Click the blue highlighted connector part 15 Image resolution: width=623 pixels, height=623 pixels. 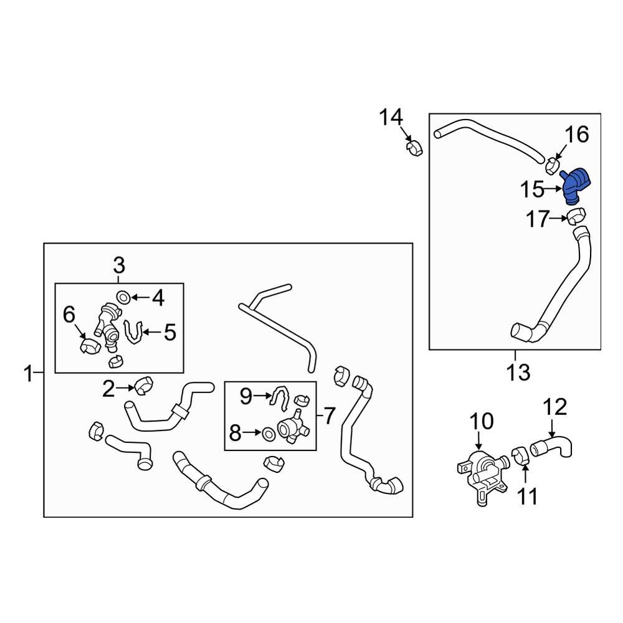click(576, 186)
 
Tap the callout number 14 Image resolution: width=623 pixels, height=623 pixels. click(391, 117)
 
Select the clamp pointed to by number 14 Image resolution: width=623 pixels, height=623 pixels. click(414, 149)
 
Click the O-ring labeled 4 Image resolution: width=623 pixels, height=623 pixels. click(123, 297)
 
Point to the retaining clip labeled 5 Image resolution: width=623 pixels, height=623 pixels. click(134, 331)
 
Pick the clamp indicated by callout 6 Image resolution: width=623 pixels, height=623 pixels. click(90, 346)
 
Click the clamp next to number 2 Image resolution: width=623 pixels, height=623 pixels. click(144, 386)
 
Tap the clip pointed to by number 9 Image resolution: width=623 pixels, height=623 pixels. click(280, 398)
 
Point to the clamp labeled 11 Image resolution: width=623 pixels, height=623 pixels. click(520, 455)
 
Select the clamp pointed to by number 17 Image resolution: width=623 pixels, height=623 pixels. click(576, 216)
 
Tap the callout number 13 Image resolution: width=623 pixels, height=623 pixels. click(518, 373)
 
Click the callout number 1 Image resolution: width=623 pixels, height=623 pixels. click(28, 374)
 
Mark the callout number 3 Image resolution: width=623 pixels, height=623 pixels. click(119, 265)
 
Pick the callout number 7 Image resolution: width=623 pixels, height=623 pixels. click(330, 416)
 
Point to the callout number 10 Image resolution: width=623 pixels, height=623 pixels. click(482, 421)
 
